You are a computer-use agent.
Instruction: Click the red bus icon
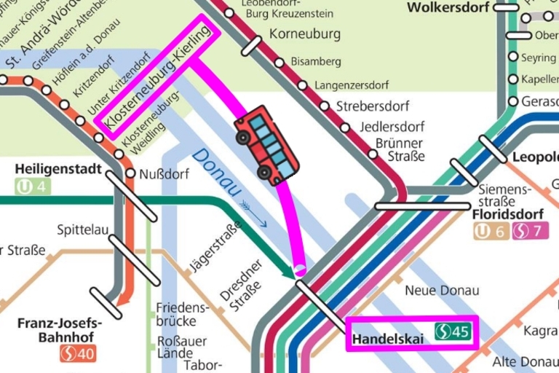coord(266,144)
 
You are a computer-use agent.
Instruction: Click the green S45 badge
coord(454,332)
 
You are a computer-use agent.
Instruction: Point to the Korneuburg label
coord(305,34)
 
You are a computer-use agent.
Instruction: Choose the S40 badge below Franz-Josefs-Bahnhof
coord(78,354)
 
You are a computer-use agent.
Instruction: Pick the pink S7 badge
coord(530,232)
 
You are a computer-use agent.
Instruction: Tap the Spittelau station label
coord(82,231)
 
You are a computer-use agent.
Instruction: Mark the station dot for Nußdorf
coord(131,173)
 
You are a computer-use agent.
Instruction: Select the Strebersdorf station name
coord(373,106)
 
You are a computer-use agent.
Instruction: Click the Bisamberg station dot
coord(279,63)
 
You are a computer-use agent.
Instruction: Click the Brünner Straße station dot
coord(373,154)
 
